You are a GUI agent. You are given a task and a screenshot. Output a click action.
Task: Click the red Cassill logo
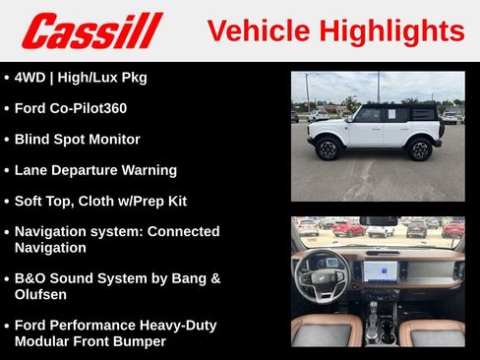pos(91,30)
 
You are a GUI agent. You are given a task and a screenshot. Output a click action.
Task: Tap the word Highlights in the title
pos(390,30)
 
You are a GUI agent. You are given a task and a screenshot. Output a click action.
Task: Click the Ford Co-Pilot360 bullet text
pos(71,108)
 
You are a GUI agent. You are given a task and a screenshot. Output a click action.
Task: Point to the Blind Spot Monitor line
pos(77,139)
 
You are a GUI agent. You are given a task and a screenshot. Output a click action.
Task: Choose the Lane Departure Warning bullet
pos(95,169)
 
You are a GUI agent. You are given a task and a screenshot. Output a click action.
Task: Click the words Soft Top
pos(46,201)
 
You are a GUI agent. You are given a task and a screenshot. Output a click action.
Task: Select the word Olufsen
pos(44,294)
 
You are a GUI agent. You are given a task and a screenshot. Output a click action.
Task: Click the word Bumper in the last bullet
pos(137,341)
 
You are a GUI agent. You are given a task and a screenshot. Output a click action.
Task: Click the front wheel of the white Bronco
pos(327,150)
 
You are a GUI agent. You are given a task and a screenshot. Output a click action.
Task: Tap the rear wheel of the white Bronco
pos(420,150)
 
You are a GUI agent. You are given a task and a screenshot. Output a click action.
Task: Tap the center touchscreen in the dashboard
pos(381,270)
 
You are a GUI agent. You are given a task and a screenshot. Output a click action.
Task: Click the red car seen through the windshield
pos(348,228)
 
